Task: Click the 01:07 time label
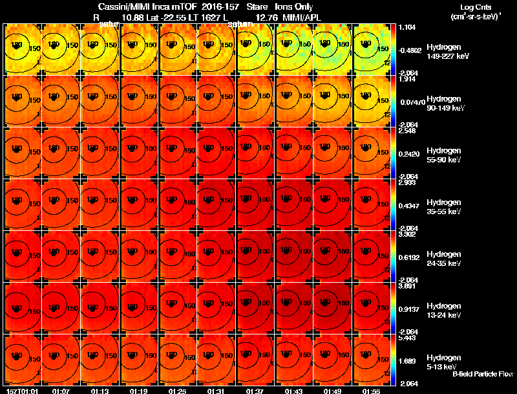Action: point(61,391)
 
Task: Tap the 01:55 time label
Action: point(371,391)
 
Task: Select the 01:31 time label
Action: point(216,391)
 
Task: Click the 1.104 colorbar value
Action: point(406,27)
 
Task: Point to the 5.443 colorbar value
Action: point(406,338)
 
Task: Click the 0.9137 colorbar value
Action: point(408,309)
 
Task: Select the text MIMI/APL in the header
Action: point(301,17)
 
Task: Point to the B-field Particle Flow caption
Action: point(482,373)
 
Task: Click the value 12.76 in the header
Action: point(266,17)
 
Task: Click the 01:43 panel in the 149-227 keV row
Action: point(295,49)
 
